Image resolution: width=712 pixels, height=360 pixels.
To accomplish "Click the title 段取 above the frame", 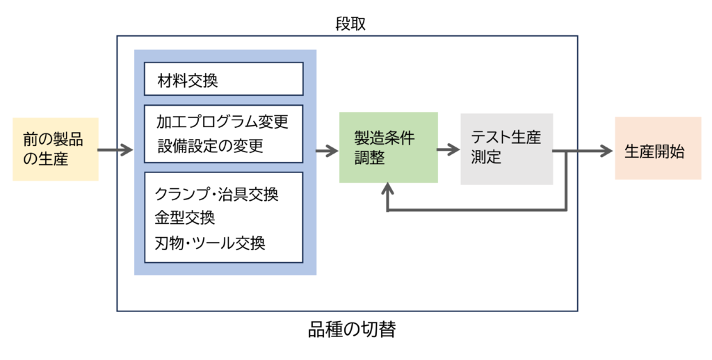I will click(350, 24).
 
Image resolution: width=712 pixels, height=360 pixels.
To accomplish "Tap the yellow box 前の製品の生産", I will click(56, 149).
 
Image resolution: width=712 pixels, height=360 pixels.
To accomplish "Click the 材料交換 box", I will click(223, 79).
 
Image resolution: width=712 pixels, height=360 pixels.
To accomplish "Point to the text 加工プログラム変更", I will click(222, 123).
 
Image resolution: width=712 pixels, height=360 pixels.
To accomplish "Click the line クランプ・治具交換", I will click(218, 193).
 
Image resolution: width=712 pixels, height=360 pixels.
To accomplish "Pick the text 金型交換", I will click(185, 218).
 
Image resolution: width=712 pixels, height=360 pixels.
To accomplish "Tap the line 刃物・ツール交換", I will click(210, 243).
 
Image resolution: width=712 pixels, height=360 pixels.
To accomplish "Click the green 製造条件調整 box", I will click(388, 147).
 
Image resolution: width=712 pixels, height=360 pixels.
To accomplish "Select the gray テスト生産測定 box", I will click(506, 147).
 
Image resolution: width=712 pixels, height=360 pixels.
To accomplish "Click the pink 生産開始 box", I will click(658, 149).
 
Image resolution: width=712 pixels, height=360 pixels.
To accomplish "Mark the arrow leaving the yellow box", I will click(115, 149).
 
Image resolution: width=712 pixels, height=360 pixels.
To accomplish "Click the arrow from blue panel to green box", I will click(327, 149).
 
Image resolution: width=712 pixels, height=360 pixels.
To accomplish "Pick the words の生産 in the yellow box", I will click(45, 159).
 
